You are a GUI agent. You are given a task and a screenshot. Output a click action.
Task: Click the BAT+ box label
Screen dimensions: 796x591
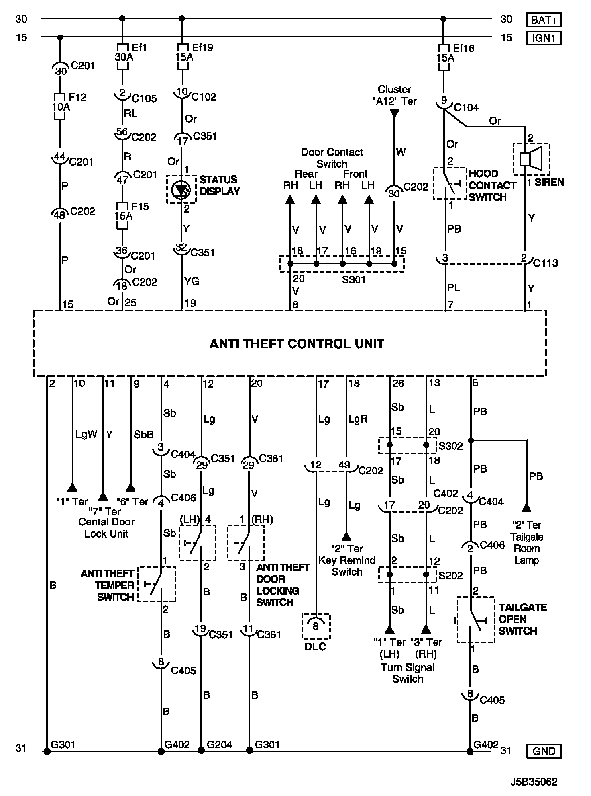[544, 20]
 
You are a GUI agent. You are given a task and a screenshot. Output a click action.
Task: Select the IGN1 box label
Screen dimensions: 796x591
[544, 38]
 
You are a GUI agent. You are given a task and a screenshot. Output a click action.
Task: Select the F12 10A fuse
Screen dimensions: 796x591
[60, 107]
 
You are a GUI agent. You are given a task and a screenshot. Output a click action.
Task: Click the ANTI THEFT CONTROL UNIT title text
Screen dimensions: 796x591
[297, 344]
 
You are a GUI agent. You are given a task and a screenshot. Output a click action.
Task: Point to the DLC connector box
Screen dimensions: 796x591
[316, 626]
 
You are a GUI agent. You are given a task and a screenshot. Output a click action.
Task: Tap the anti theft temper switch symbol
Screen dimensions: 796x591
[157, 584]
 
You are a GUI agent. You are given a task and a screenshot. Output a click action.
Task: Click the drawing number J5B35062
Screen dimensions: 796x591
[534, 782]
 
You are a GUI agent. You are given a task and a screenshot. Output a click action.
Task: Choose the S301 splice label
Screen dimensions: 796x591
[353, 279]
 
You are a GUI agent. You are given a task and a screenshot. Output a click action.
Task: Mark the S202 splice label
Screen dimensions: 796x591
[450, 575]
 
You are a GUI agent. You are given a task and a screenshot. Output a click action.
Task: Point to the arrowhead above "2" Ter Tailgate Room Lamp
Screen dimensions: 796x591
[526, 508]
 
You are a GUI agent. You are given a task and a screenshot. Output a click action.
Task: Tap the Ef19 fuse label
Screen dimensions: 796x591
[202, 48]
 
